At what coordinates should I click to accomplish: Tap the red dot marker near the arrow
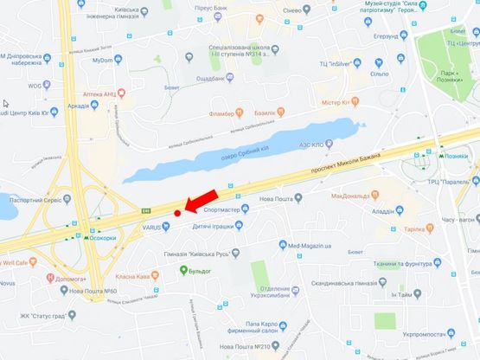(176, 212)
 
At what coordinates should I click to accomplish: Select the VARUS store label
(153, 227)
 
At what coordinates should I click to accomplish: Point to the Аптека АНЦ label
(98, 92)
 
